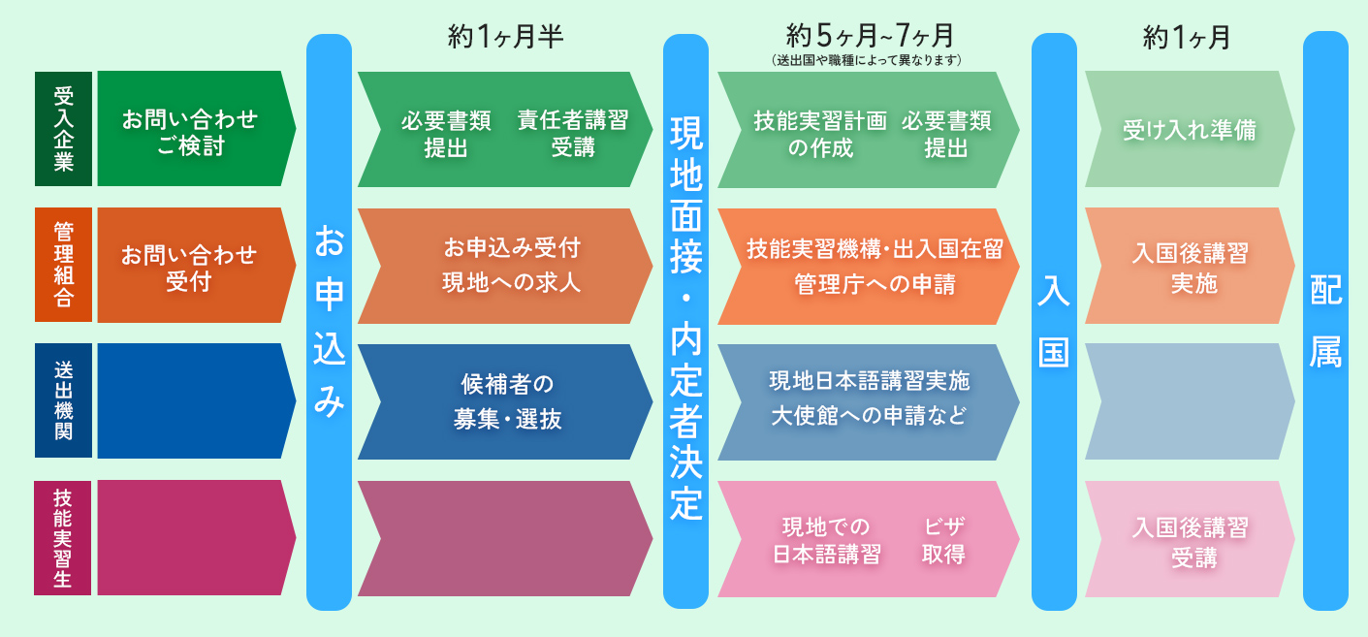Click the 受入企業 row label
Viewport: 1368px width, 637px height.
(x=64, y=129)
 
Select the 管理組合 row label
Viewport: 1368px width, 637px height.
(x=64, y=265)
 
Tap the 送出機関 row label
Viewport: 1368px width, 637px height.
(x=64, y=400)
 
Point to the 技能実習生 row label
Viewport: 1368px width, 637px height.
(x=63, y=537)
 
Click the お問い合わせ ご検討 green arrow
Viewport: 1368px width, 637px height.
(x=197, y=129)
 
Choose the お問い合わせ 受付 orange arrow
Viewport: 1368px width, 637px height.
(x=197, y=265)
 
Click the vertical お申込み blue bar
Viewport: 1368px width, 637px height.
(x=330, y=322)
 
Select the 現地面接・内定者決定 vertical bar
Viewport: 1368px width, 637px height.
(x=685, y=321)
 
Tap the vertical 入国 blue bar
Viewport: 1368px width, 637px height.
(x=1054, y=322)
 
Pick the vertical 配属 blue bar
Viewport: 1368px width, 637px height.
(x=1326, y=321)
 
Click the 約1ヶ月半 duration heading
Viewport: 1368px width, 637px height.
(x=506, y=37)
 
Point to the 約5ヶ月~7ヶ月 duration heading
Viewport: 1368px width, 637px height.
(x=870, y=36)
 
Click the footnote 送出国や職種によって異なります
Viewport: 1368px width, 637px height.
(x=867, y=60)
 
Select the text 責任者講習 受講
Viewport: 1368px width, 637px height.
(x=573, y=133)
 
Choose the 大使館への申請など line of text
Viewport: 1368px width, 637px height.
(x=869, y=416)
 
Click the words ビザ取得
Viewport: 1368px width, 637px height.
(x=944, y=540)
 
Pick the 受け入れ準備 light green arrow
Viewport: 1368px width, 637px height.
(x=1190, y=129)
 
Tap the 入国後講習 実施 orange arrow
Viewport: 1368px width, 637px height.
(x=1190, y=266)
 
